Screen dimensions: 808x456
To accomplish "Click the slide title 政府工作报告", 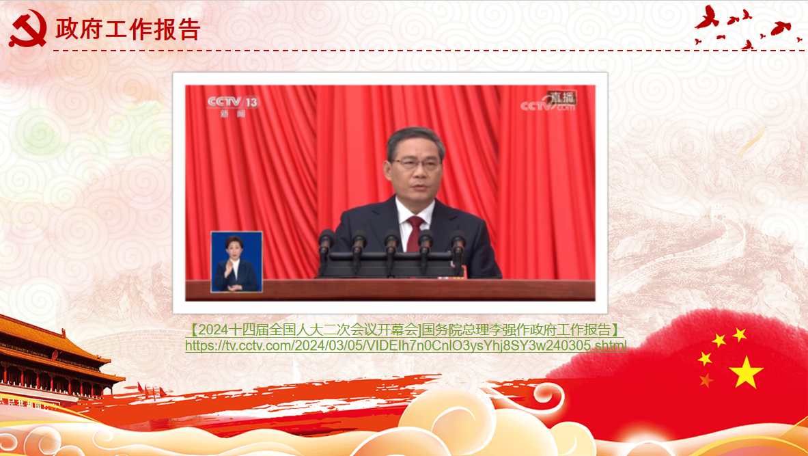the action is [127, 29].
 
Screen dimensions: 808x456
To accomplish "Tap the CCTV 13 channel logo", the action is [234, 106].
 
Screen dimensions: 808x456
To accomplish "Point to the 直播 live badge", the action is [561, 97].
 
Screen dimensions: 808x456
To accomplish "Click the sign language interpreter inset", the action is [236, 262].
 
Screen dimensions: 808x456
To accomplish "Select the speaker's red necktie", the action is [415, 234].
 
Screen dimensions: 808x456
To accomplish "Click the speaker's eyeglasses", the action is [417, 164].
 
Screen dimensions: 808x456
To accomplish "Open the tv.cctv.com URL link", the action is [406, 345].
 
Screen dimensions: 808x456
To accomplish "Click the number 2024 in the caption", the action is [213, 330].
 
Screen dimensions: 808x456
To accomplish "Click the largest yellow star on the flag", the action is [746, 372].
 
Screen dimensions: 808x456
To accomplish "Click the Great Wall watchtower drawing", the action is [719, 212].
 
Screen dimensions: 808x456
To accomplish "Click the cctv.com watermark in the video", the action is [547, 106].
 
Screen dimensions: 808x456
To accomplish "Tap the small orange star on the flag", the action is [706, 380].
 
